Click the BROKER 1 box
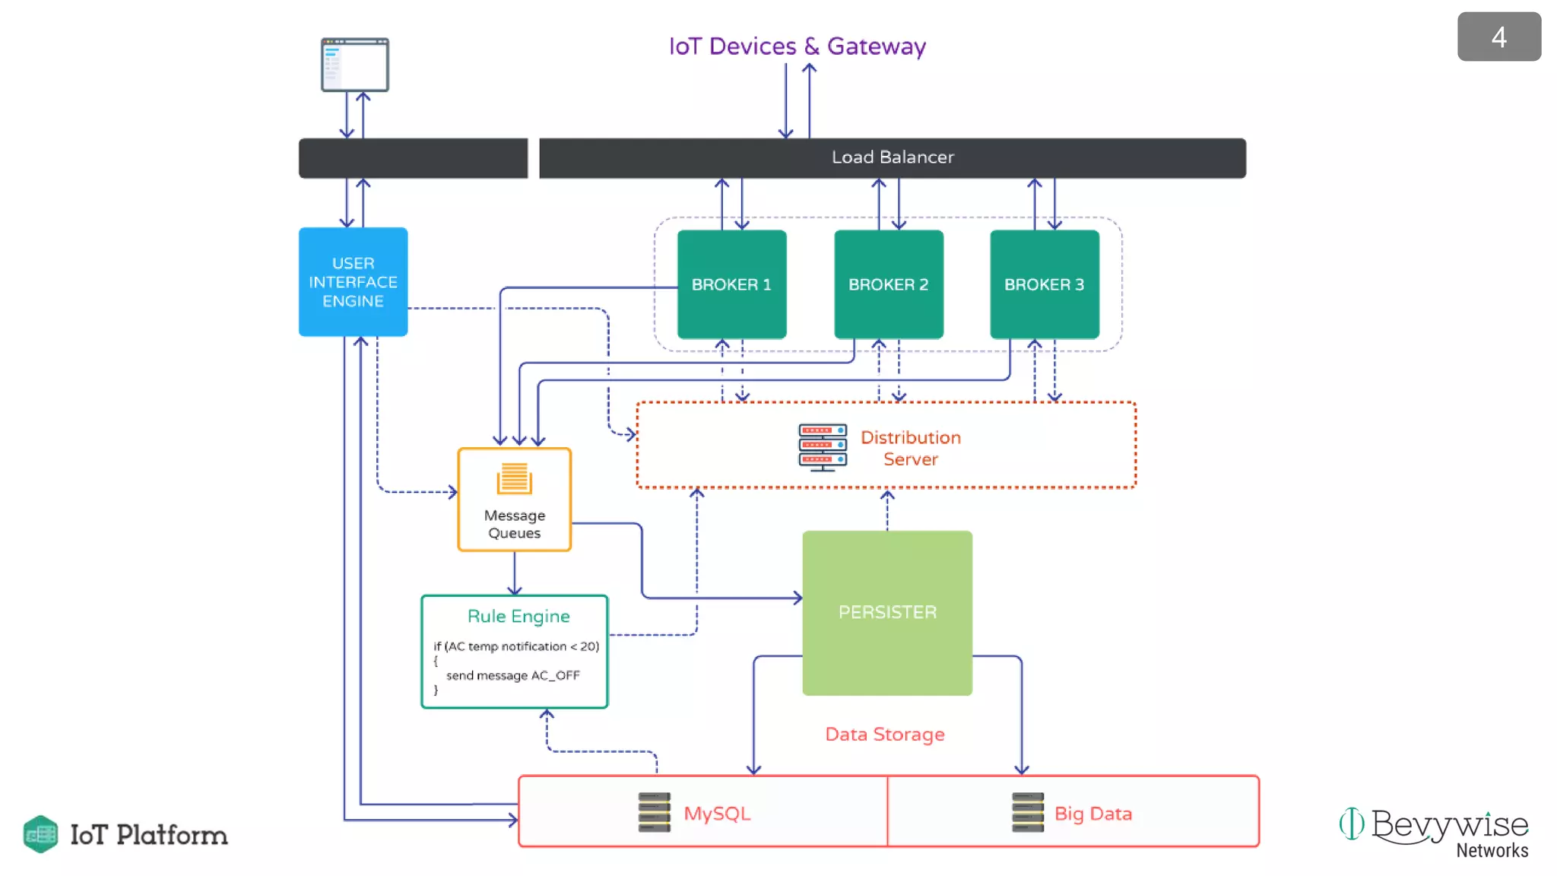[x=731, y=284]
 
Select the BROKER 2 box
[x=888, y=284]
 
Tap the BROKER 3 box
[x=1044, y=284]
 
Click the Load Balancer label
[x=893, y=157]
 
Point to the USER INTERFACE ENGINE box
[x=353, y=282]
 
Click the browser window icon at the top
[x=355, y=65]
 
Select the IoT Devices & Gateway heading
[x=797, y=46]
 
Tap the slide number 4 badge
[x=1498, y=37]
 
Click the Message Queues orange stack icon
[x=515, y=479]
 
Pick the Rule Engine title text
[x=518, y=616]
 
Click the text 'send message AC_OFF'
[x=512, y=675]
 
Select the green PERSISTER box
[x=887, y=613]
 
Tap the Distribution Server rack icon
[x=822, y=447]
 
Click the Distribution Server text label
[x=910, y=448]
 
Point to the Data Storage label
[x=885, y=735]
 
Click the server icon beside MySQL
[x=655, y=812]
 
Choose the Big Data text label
[x=1092, y=814]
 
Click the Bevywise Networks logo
[x=1435, y=832]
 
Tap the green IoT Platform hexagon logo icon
[x=41, y=834]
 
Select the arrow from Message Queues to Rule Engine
[x=515, y=574]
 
